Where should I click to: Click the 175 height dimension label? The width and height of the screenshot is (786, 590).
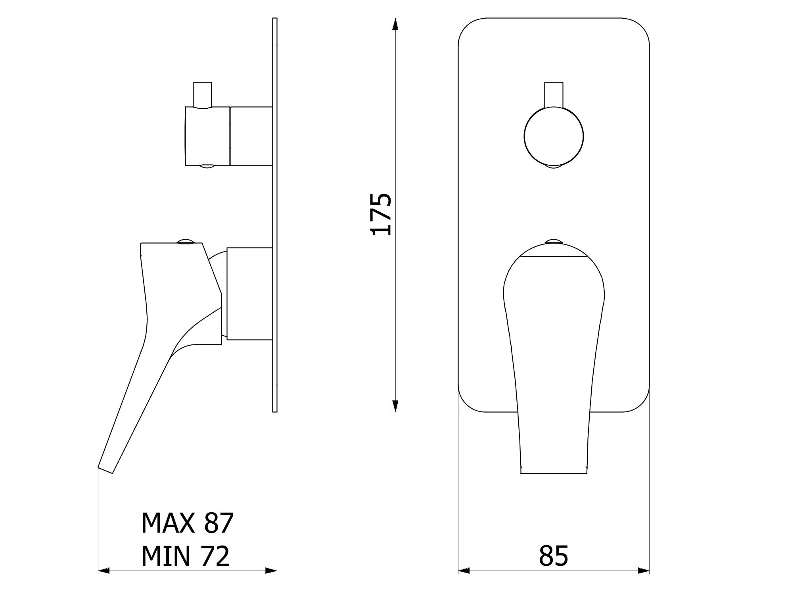[381, 214]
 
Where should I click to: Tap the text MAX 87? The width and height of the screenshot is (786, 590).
[188, 523]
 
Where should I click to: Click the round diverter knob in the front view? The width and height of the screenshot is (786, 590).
[554, 136]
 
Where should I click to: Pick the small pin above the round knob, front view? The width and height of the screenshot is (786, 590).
[554, 94]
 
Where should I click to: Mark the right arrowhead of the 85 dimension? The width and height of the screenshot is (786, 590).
[644, 571]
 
